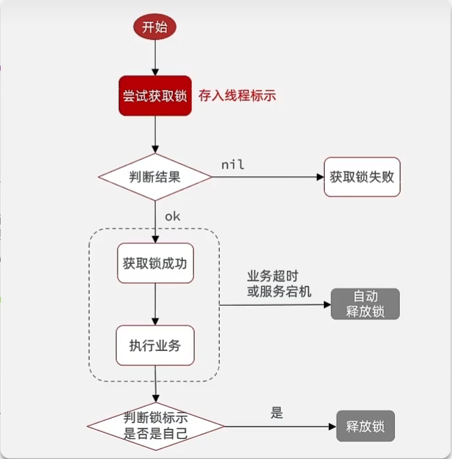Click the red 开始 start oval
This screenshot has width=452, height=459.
point(154,27)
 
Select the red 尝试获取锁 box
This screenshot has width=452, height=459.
point(154,95)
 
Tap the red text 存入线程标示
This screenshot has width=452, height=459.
point(237,95)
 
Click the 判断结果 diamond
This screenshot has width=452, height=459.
point(154,176)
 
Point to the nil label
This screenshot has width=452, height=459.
point(233,164)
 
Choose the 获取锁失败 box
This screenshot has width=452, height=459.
point(362,176)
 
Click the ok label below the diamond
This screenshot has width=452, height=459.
point(172,216)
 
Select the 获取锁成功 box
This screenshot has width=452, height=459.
point(154,263)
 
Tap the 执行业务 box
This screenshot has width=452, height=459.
point(154,345)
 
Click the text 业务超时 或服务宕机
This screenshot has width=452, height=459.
point(280,285)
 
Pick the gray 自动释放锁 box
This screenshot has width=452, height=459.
point(365,304)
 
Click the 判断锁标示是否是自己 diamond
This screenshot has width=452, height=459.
point(155,426)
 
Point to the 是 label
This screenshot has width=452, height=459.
point(277,412)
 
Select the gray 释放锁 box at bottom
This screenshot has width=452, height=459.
point(365,426)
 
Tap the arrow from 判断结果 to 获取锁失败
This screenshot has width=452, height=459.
point(268,176)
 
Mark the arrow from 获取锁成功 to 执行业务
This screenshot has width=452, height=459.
point(154,304)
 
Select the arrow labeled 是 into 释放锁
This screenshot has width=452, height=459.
point(278,426)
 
